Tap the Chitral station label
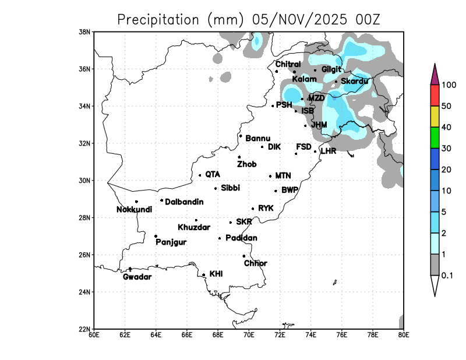pos(288,64)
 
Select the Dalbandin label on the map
pos(185,202)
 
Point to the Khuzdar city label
pos(194,227)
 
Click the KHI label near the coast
pos(216,273)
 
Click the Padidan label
pos(242,238)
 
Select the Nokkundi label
pos(135,210)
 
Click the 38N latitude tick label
pos(85,31)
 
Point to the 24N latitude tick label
pos(85,292)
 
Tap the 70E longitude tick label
pos(249,335)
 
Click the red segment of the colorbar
pos(435,96)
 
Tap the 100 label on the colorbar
pos(449,85)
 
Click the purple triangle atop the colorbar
pos(435,74)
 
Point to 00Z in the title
pos(367,19)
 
